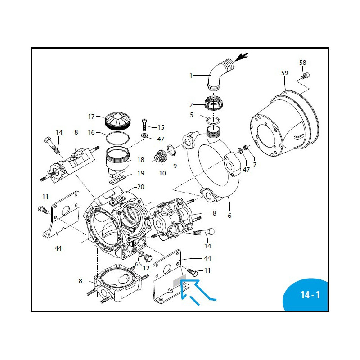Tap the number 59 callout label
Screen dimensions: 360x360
click(x=284, y=73)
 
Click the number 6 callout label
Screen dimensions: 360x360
click(x=229, y=216)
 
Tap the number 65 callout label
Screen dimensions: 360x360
click(x=139, y=264)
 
